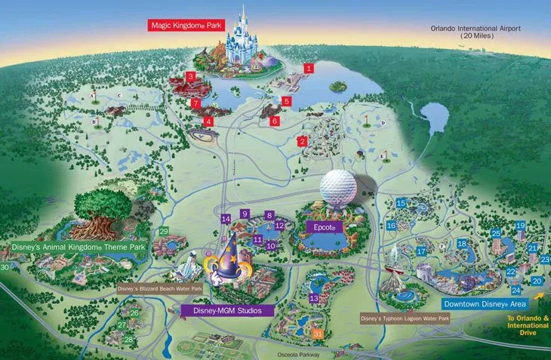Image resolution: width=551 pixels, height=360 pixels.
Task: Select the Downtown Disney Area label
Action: [x=484, y=304]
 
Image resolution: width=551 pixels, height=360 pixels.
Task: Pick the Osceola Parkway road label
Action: [x=299, y=354]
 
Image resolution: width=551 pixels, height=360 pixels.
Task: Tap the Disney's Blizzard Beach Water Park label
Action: [x=159, y=288]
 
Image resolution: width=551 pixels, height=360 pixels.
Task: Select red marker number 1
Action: [x=308, y=68]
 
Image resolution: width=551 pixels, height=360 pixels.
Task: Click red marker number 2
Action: [x=302, y=141]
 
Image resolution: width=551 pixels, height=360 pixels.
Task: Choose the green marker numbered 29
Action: [x=163, y=231]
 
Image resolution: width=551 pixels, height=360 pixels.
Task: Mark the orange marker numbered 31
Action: [x=319, y=333]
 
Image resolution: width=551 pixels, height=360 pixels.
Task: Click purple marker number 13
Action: [x=313, y=299]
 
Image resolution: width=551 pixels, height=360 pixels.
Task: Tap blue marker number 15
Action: [x=401, y=203]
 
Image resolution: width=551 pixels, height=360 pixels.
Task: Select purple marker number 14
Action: [x=225, y=218]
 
